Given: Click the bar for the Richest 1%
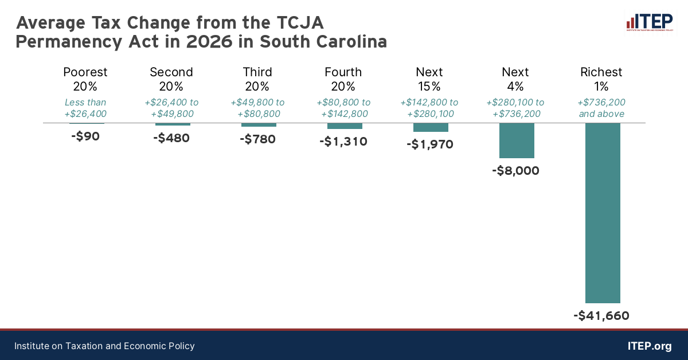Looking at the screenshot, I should coord(603,213).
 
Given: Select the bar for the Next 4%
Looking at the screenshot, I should coord(517,140).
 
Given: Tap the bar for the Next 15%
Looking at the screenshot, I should coord(431,127).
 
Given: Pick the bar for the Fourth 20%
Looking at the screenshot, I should coord(345,126).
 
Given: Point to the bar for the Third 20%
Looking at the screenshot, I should coord(259,125).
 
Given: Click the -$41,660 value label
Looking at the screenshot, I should coord(601,315).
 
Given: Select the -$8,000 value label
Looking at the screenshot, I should coord(516,170).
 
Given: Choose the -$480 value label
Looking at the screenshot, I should coord(171,138).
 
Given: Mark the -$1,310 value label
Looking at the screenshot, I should coord(343,141).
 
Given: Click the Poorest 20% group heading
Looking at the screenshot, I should coord(85,79).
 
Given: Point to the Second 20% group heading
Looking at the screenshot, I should coord(171,79).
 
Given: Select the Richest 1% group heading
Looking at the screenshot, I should coord(601,79).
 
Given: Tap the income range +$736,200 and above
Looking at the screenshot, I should coord(601,108).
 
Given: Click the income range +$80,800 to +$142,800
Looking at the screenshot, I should coord(343,108).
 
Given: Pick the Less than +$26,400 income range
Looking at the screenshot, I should coord(85,108).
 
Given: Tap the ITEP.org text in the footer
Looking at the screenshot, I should coord(650,346).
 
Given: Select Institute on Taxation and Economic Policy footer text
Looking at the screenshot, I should coord(104,346).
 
